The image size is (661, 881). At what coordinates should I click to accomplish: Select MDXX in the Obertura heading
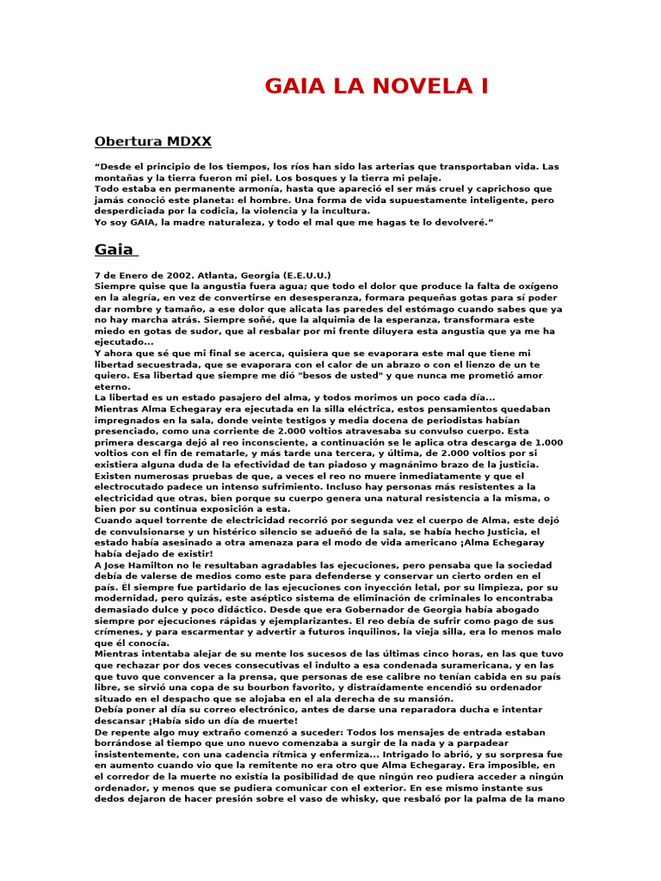(x=182, y=141)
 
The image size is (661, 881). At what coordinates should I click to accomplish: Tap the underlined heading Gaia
(x=114, y=250)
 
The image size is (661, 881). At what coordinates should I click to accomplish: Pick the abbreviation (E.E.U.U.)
(x=306, y=274)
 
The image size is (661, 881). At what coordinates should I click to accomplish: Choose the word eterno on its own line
(x=112, y=386)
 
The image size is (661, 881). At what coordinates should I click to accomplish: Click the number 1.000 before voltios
(x=544, y=442)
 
